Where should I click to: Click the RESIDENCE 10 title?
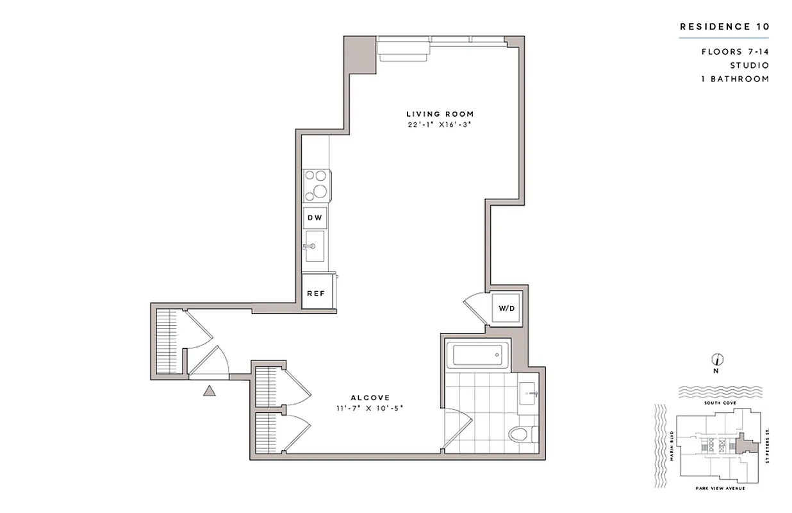click(723, 27)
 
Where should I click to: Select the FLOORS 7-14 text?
click(734, 51)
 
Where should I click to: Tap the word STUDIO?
click(749, 65)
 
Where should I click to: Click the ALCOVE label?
click(370, 398)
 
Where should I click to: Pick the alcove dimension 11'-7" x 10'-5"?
click(370, 408)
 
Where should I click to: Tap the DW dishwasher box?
click(315, 218)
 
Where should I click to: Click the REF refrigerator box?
click(315, 293)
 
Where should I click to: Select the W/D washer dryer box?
click(507, 308)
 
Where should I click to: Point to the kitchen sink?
click(315, 246)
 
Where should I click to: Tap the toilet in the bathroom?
click(522, 435)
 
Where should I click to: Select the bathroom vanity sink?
click(531, 389)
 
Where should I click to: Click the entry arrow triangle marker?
click(210, 391)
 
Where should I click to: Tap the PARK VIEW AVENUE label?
click(720, 489)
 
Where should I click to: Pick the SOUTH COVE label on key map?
click(718, 403)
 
